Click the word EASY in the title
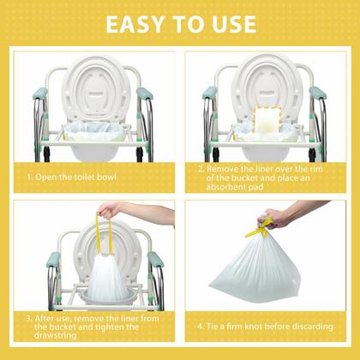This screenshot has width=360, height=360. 135,23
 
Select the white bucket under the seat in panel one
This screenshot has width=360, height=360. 93,153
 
